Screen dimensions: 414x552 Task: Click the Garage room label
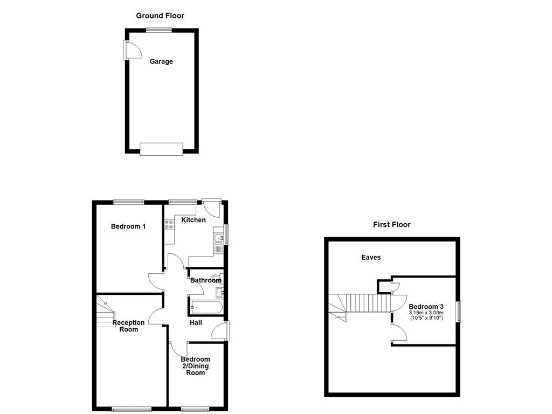[161, 61]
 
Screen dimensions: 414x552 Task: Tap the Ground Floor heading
[160, 16]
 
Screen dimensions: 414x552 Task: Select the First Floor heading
[392, 224]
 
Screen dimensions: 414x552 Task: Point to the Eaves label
[371, 257]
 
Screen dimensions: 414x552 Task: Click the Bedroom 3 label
[426, 306]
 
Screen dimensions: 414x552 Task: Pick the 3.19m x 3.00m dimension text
[426, 313]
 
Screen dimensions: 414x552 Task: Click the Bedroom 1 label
[128, 226]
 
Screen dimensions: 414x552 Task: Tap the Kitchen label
[193, 220]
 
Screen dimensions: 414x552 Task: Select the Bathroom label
[205, 280]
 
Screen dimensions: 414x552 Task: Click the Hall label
[196, 322]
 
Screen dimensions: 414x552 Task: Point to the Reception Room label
[128, 326]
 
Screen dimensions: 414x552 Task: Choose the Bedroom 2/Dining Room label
[195, 366]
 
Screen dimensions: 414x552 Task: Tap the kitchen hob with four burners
[171, 225]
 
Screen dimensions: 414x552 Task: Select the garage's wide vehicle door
[161, 148]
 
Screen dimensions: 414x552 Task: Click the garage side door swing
[132, 50]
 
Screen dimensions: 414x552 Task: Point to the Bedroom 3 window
[458, 312]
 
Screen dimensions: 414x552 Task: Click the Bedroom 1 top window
[129, 202]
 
